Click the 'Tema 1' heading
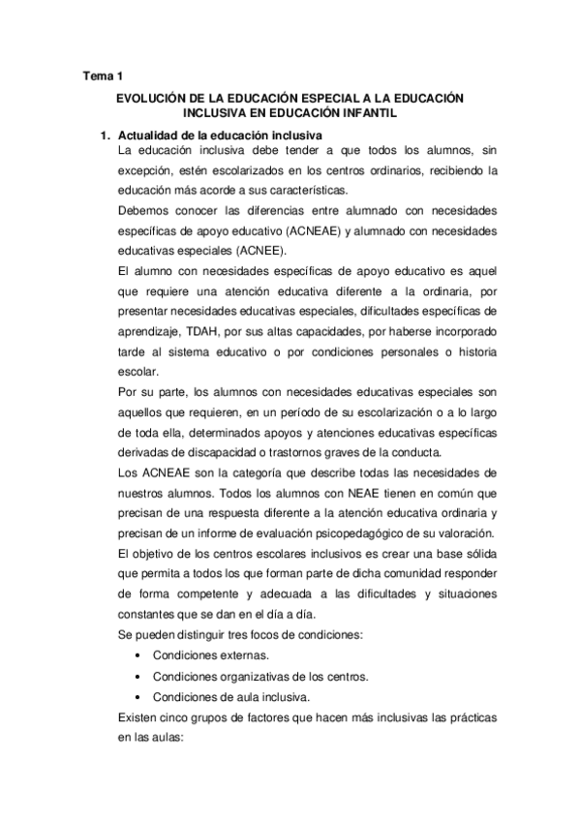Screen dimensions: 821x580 pos(100,75)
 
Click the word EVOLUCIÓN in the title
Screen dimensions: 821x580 pos(153,98)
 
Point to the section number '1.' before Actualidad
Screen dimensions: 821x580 pos(108,134)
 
